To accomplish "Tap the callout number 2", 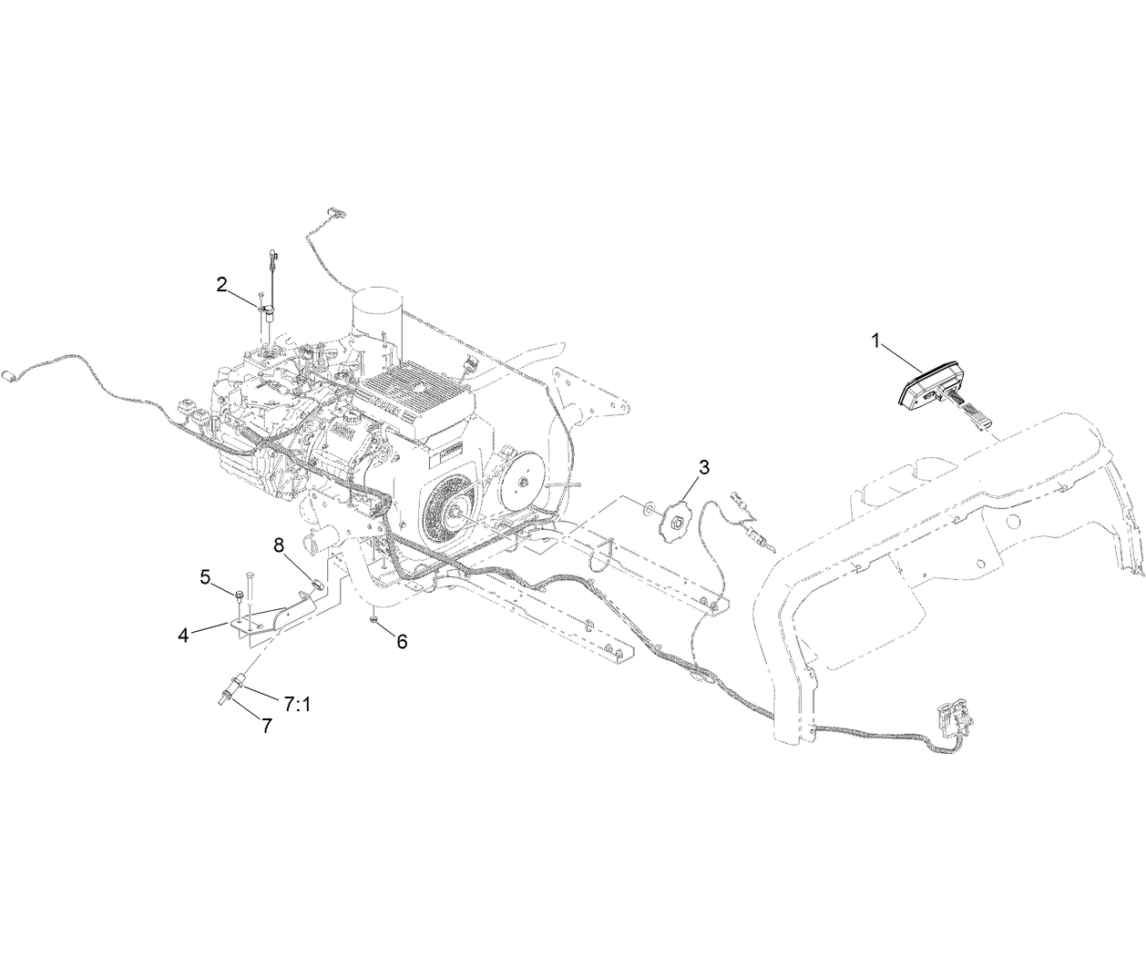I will point(221,285).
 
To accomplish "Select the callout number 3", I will point(703,467).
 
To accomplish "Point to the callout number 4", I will point(184,636).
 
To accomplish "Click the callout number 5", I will point(206,576).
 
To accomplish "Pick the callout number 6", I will point(402,641).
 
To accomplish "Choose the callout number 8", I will point(280,545).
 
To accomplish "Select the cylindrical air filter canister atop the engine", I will point(376,321).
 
